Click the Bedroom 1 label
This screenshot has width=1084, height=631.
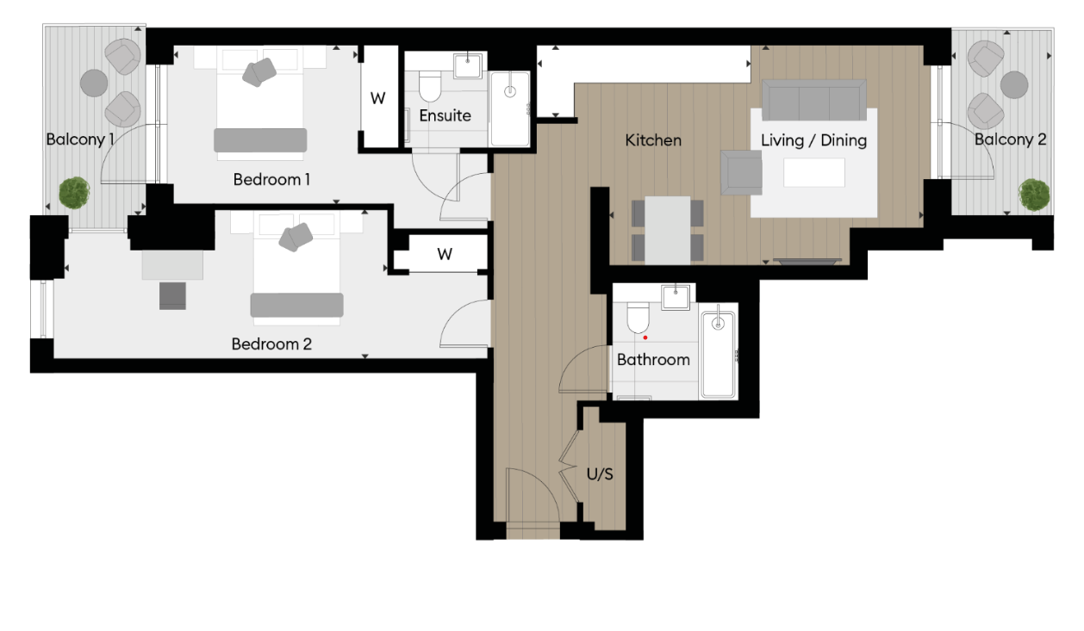(x=271, y=180)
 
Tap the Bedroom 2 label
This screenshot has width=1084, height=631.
(x=271, y=343)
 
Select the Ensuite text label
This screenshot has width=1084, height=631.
(x=445, y=114)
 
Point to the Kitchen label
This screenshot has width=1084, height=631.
(x=653, y=139)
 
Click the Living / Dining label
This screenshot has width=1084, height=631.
(x=813, y=139)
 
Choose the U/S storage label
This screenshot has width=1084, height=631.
(x=600, y=474)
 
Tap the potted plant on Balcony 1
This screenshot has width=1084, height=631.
(x=75, y=192)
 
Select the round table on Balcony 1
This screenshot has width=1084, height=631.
(x=94, y=84)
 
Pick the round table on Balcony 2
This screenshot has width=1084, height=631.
(x=1014, y=84)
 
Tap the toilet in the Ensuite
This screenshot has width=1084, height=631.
(x=430, y=86)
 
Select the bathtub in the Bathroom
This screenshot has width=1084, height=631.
(x=717, y=354)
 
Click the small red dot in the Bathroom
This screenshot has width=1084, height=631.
(x=645, y=337)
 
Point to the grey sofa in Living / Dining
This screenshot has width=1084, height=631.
(x=813, y=101)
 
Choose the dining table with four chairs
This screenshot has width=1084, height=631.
(x=668, y=230)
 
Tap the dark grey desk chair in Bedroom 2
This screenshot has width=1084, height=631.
(x=172, y=295)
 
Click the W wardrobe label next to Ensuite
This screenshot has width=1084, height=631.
(x=377, y=98)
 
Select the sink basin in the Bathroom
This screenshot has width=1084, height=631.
(x=676, y=297)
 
